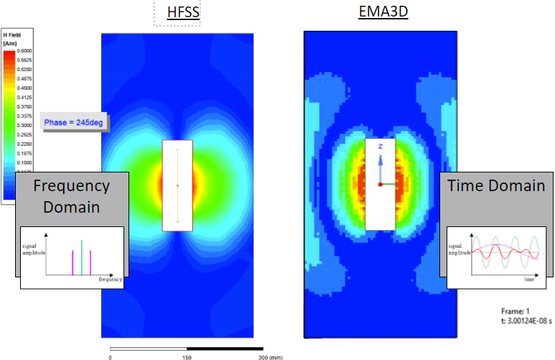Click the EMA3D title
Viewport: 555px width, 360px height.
tap(383, 12)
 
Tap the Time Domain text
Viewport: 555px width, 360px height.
tap(496, 186)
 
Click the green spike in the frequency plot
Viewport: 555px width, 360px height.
tap(82, 256)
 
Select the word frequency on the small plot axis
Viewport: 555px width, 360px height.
tap(111, 278)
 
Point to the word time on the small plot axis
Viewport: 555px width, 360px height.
tap(528, 278)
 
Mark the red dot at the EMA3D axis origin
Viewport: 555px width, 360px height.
tap(381, 183)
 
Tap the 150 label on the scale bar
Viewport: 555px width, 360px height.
tap(188, 356)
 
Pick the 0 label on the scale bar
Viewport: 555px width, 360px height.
tap(111, 356)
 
